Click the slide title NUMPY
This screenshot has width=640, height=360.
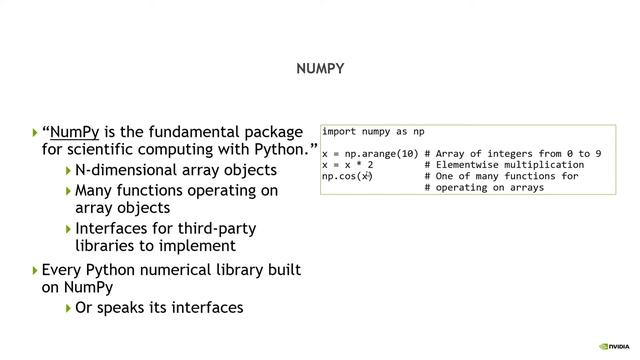[x=320, y=69]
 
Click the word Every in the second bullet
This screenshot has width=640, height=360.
[x=63, y=270]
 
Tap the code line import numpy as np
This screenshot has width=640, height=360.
[x=373, y=131]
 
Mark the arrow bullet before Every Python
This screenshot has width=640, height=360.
[x=35, y=270]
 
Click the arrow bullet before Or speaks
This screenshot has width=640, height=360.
[x=68, y=307]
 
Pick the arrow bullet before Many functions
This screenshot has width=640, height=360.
[x=68, y=189]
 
